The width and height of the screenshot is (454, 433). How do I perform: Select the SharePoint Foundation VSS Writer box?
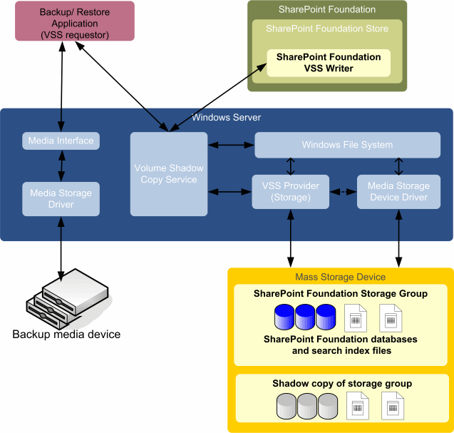click(329, 63)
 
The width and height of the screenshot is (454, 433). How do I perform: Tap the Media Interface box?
click(61, 141)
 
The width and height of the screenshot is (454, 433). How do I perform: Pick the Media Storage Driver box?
click(61, 199)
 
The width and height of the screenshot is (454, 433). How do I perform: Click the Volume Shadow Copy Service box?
click(169, 174)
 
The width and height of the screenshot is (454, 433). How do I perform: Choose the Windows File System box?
click(347, 145)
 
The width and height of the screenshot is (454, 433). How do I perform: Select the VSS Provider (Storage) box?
click(291, 191)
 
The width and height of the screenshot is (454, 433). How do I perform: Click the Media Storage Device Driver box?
click(398, 191)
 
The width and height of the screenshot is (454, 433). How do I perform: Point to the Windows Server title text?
click(227, 117)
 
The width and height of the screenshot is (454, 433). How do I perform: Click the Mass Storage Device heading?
click(340, 277)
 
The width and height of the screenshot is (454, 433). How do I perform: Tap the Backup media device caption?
click(66, 335)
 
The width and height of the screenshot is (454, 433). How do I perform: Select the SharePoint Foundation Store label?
click(327, 29)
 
